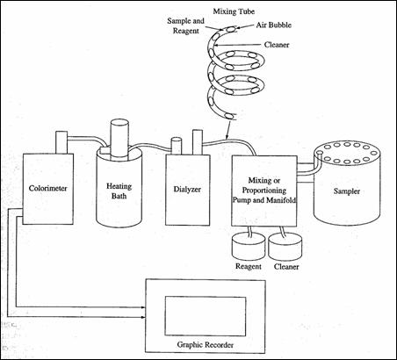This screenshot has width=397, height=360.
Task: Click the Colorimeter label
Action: (x=47, y=188)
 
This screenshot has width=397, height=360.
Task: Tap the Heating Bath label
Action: (x=119, y=191)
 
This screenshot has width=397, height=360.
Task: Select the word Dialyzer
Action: (x=187, y=190)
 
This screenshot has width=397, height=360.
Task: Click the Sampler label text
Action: (x=347, y=191)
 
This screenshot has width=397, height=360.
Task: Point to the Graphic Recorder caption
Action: (x=205, y=345)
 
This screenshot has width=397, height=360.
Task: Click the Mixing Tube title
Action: (x=234, y=11)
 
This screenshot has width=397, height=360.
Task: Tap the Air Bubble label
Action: (x=274, y=25)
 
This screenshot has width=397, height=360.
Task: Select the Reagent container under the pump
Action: (x=249, y=247)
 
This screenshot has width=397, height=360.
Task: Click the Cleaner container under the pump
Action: (x=285, y=247)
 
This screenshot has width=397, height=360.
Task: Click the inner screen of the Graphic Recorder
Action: (x=206, y=316)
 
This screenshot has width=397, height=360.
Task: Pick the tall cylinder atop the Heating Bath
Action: (x=119, y=140)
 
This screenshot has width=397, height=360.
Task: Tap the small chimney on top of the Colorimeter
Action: (x=61, y=142)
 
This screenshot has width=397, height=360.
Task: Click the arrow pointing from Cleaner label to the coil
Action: (x=237, y=45)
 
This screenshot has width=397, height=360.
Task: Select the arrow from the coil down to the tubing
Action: (x=227, y=129)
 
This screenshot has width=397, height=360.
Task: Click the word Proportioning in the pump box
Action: (x=264, y=191)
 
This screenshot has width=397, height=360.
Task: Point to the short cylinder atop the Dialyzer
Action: (x=177, y=146)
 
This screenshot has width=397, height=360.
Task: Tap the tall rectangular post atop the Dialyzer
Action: (x=198, y=141)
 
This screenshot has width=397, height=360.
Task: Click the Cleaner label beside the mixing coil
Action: (x=277, y=45)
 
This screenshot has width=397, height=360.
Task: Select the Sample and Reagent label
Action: (x=185, y=25)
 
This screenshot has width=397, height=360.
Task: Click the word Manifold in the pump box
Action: (x=280, y=200)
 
